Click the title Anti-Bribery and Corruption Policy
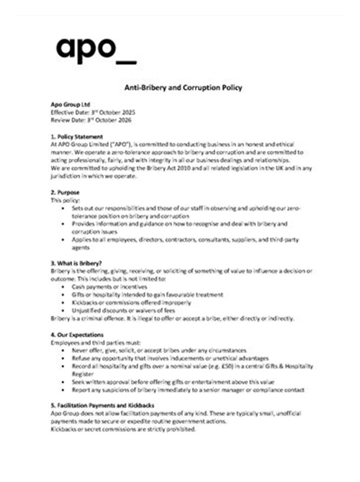pyautogui.click(x=179, y=88)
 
